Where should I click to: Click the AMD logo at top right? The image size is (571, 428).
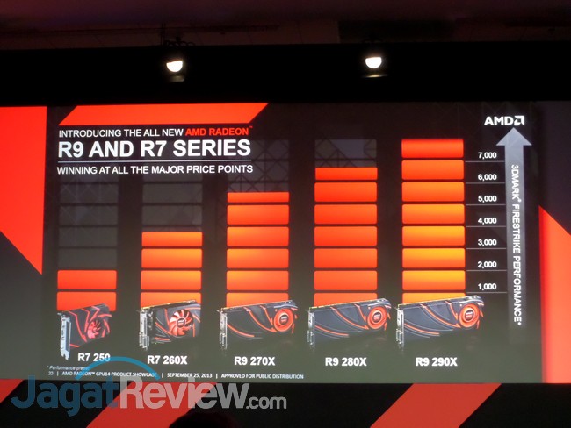pyautogui.click(x=504, y=120)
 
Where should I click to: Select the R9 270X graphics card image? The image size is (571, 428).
pyautogui.click(x=258, y=325)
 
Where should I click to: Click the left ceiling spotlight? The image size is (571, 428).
pyautogui.click(x=175, y=64)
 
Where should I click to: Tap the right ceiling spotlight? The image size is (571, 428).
pyautogui.click(x=373, y=61)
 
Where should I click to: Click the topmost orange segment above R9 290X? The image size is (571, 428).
pyautogui.click(x=432, y=148)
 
